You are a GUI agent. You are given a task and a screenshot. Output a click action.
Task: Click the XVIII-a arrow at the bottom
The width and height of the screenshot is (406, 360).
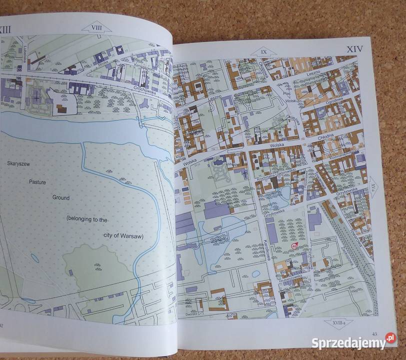[338, 323]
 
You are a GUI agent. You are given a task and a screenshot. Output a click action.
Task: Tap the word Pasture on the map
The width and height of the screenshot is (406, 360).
[37, 182]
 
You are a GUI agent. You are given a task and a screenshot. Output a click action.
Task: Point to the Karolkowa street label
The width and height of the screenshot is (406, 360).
[267, 249]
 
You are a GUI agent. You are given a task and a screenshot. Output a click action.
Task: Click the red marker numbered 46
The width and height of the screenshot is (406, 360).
[294, 245]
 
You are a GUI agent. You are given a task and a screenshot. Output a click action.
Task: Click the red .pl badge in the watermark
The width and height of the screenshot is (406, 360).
[390, 339]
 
